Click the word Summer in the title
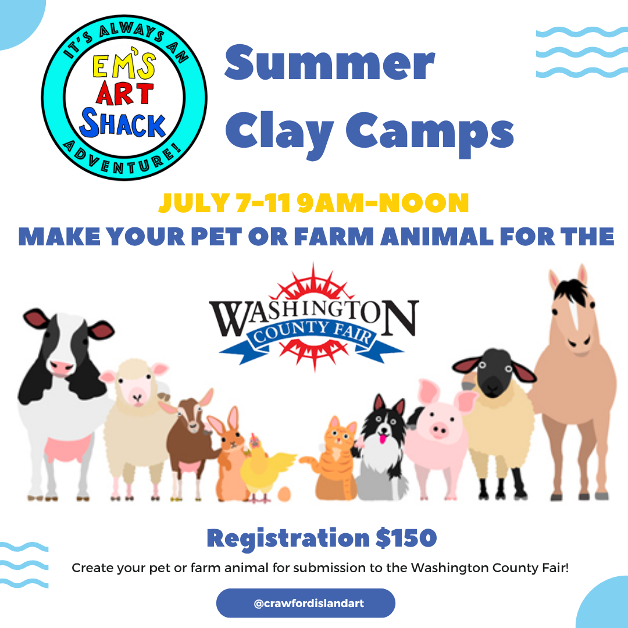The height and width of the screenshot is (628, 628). pyautogui.click(x=329, y=63)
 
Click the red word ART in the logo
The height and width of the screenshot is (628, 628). pyautogui.click(x=124, y=93)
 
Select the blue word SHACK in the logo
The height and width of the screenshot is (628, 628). pyautogui.click(x=123, y=123)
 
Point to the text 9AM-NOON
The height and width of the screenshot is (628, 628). pyautogui.click(x=383, y=203)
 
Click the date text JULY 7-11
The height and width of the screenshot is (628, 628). pyautogui.click(x=224, y=203)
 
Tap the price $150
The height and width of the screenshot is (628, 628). pyautogui.click(x=406, y=538)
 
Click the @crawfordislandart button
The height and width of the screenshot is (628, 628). pyautogui.click(x=306, y=603)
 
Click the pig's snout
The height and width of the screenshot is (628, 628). pyautogui.click(x=438, y=430)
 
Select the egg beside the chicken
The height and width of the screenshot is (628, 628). pyautogui.click(x=284, y=494)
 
